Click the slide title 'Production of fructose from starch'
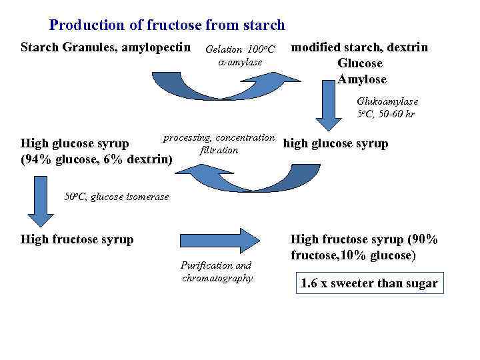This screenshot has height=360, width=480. click(167, 25)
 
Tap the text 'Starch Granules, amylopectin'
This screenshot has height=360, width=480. click(107, 47)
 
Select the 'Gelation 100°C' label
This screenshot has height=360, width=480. click(240, 49)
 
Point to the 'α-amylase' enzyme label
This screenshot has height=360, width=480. click(240, 62)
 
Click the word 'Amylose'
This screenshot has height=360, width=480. click(361, 79)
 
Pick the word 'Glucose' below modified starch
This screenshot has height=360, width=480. click(360, 63)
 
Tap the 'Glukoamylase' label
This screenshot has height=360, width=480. click(387, 101)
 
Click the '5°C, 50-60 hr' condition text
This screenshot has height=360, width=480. click(386, 114)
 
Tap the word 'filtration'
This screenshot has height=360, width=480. click(219, 150)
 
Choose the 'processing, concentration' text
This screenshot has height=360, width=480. click(219, 137)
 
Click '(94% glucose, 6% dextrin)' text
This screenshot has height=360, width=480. click(97, 159)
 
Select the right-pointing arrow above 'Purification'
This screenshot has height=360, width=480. click(220, 239)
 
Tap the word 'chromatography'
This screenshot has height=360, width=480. click(217, 277)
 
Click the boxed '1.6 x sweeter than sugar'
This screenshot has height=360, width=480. click(369, 283)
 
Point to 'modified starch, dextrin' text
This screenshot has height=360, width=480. click(360, 47)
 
